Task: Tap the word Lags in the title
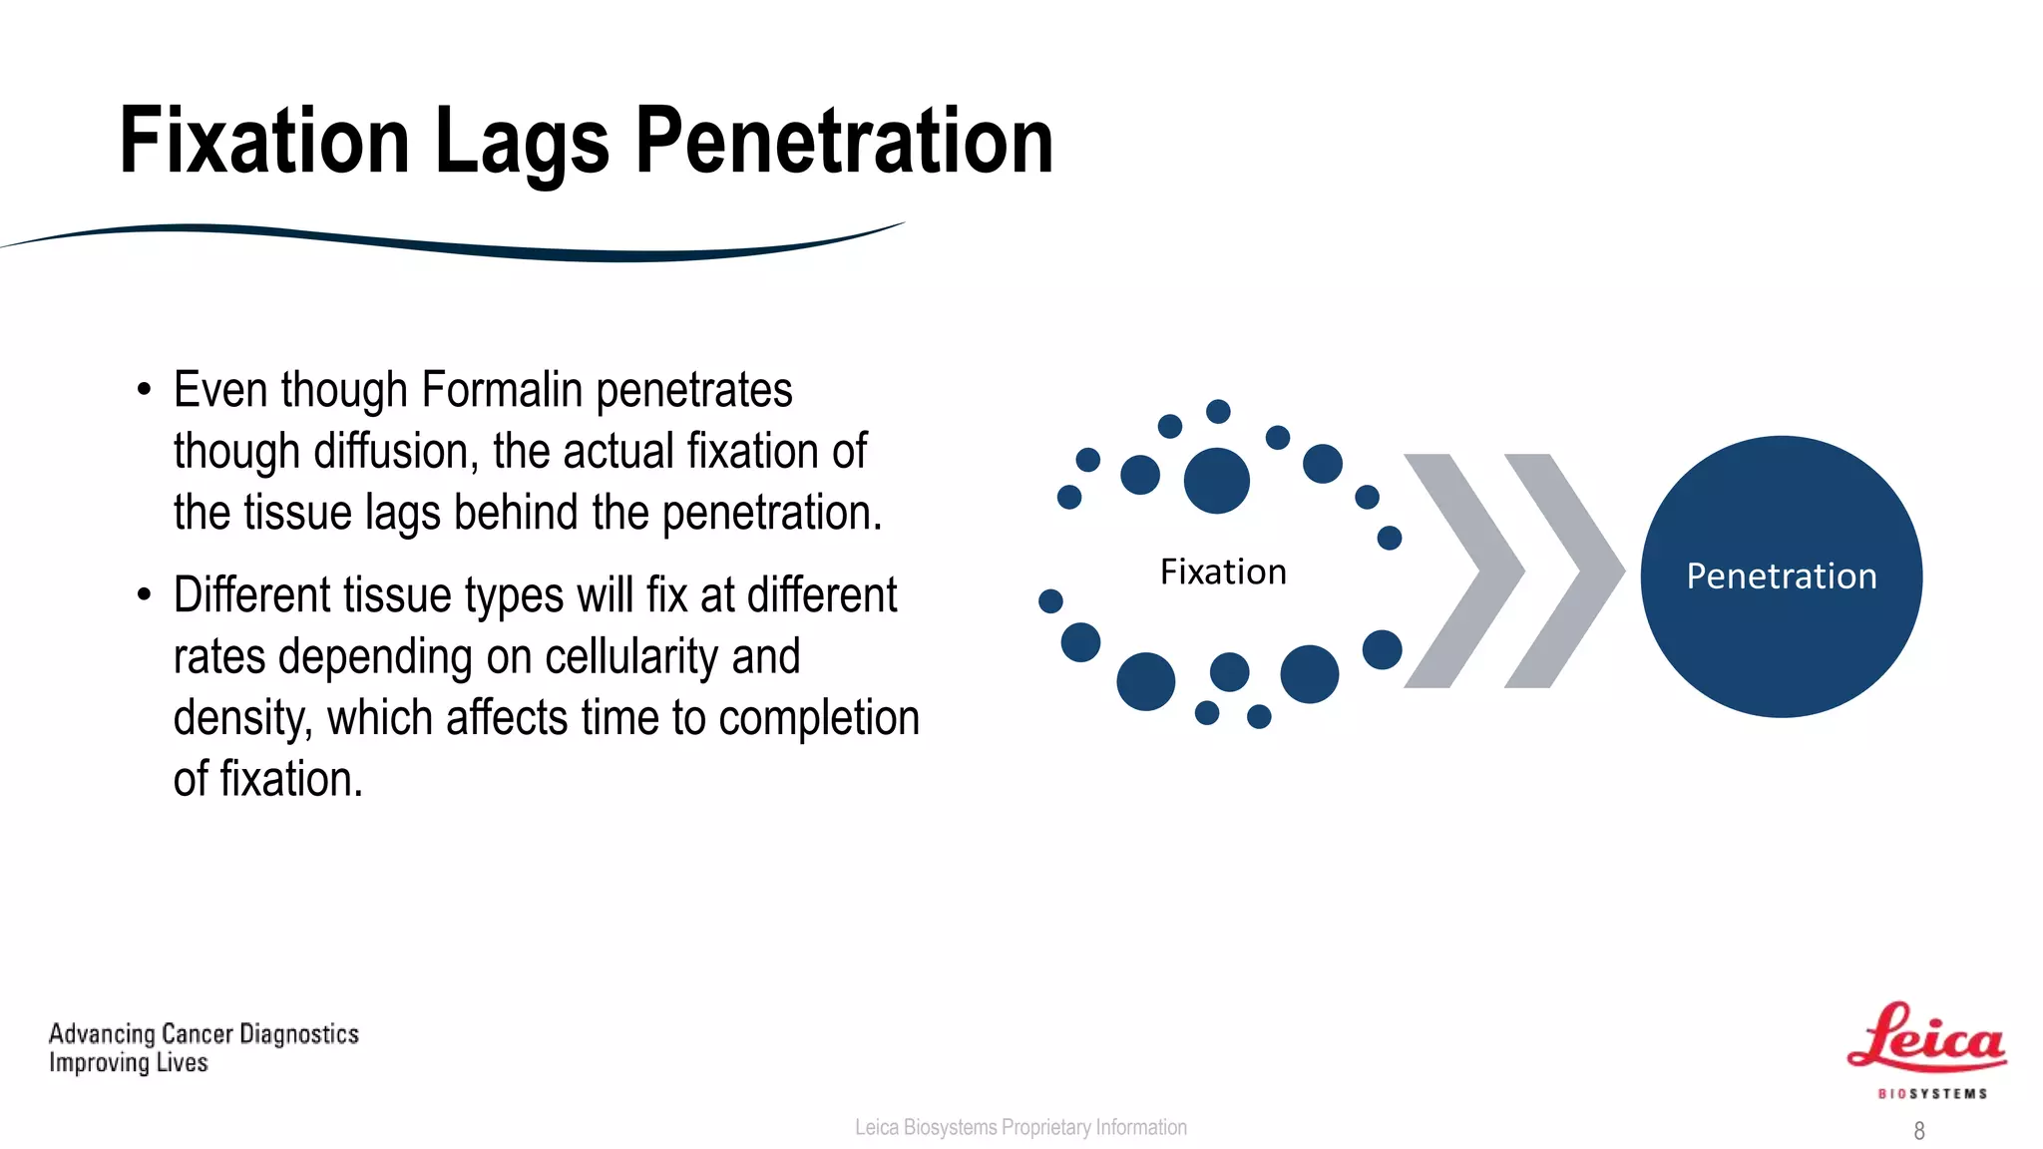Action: pyautogui.click(x=522, y=142)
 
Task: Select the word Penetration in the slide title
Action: pyautogui.click(x=844, y=142)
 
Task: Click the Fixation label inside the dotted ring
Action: pyautogui.click(x=1223, y=573)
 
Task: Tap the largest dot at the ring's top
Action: pyautogui.click(x=1216, y=481)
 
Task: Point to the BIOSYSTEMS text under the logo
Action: pyautogui.click(x=1932, y=1094)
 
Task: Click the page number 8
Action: pyautogui.click(x=1919, y=1131)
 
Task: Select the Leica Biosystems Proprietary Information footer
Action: pyautogui.click(x=1021, y=1127)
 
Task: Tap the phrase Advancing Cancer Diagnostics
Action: pyautogui.click(x=204, y=1034)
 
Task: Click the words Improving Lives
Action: pyautogui.click(x=129, y=1063)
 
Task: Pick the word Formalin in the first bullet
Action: pyautogui.click(x=502, y=390)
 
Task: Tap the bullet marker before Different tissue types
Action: pyautogui.click(x=145, y=595)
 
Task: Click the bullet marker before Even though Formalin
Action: pyautogui.click(x=145, y=390)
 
